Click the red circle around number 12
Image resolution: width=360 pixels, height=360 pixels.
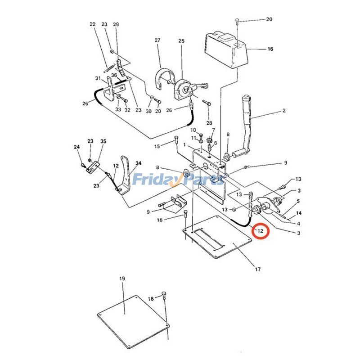pyautogui.click(x=260, y=231)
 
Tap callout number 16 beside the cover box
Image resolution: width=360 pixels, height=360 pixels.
pyautogui.click(x=270, y=49)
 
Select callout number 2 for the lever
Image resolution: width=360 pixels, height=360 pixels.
pyautogui.click(x=284, y=111)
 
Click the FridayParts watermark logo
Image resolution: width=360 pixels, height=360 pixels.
pyautogui.click(x=178, y=180)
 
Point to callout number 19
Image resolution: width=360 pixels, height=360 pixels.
pyautogui.click(x=122, y=279)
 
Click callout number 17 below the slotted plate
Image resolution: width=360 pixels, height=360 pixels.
pyautogui.click(x=258, y=269)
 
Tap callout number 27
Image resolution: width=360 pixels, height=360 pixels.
pyautogui.click(x=157, y=40)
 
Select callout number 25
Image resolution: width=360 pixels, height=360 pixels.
pyautogui.click(x=181, y=41)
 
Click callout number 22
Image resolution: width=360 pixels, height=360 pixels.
pyautogui.click(x=93, y=24)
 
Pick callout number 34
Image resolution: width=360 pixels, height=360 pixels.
pyautogui.click(x=139, y=163)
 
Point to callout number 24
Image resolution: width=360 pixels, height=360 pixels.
pyautogui.click(x=76, y=147)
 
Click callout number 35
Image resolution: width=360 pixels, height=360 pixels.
pyautogui.click(x=103, y=141)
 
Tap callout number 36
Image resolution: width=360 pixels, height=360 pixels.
pyautogui.click(x=114, y=75)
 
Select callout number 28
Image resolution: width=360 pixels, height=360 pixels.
pyautogui.click(x=209, y=123)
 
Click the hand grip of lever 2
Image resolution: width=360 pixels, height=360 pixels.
pyautogui.click(x=246, y=103)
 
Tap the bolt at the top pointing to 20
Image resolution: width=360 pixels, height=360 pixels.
pyautogui.click(x=237, y=21)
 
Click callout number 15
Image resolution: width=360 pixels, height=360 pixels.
pyautogui.click(x=157, y=146)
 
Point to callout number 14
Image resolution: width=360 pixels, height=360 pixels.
pyautogui.click(x=298, y=213)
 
